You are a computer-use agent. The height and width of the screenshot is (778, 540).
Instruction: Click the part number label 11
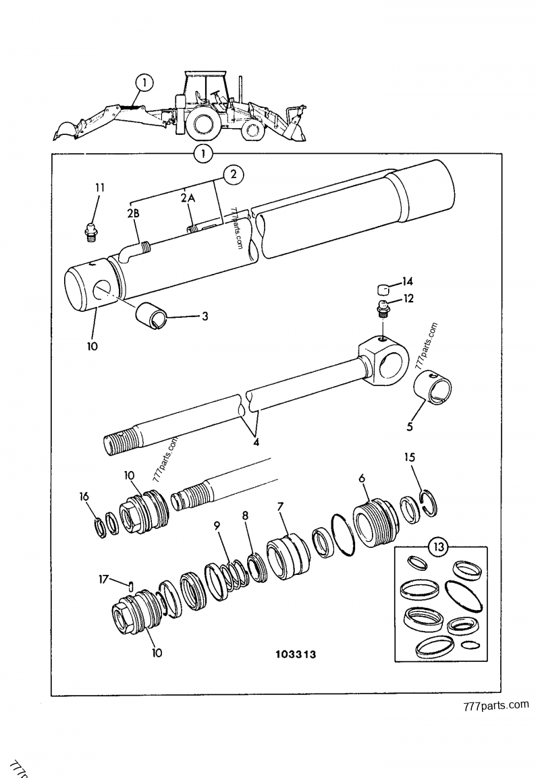100,187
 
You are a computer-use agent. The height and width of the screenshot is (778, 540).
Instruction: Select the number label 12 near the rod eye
409,298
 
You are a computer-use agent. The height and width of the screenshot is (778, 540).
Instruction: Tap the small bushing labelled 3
153,312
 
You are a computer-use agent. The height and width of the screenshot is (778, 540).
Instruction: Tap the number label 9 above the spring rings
217,524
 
